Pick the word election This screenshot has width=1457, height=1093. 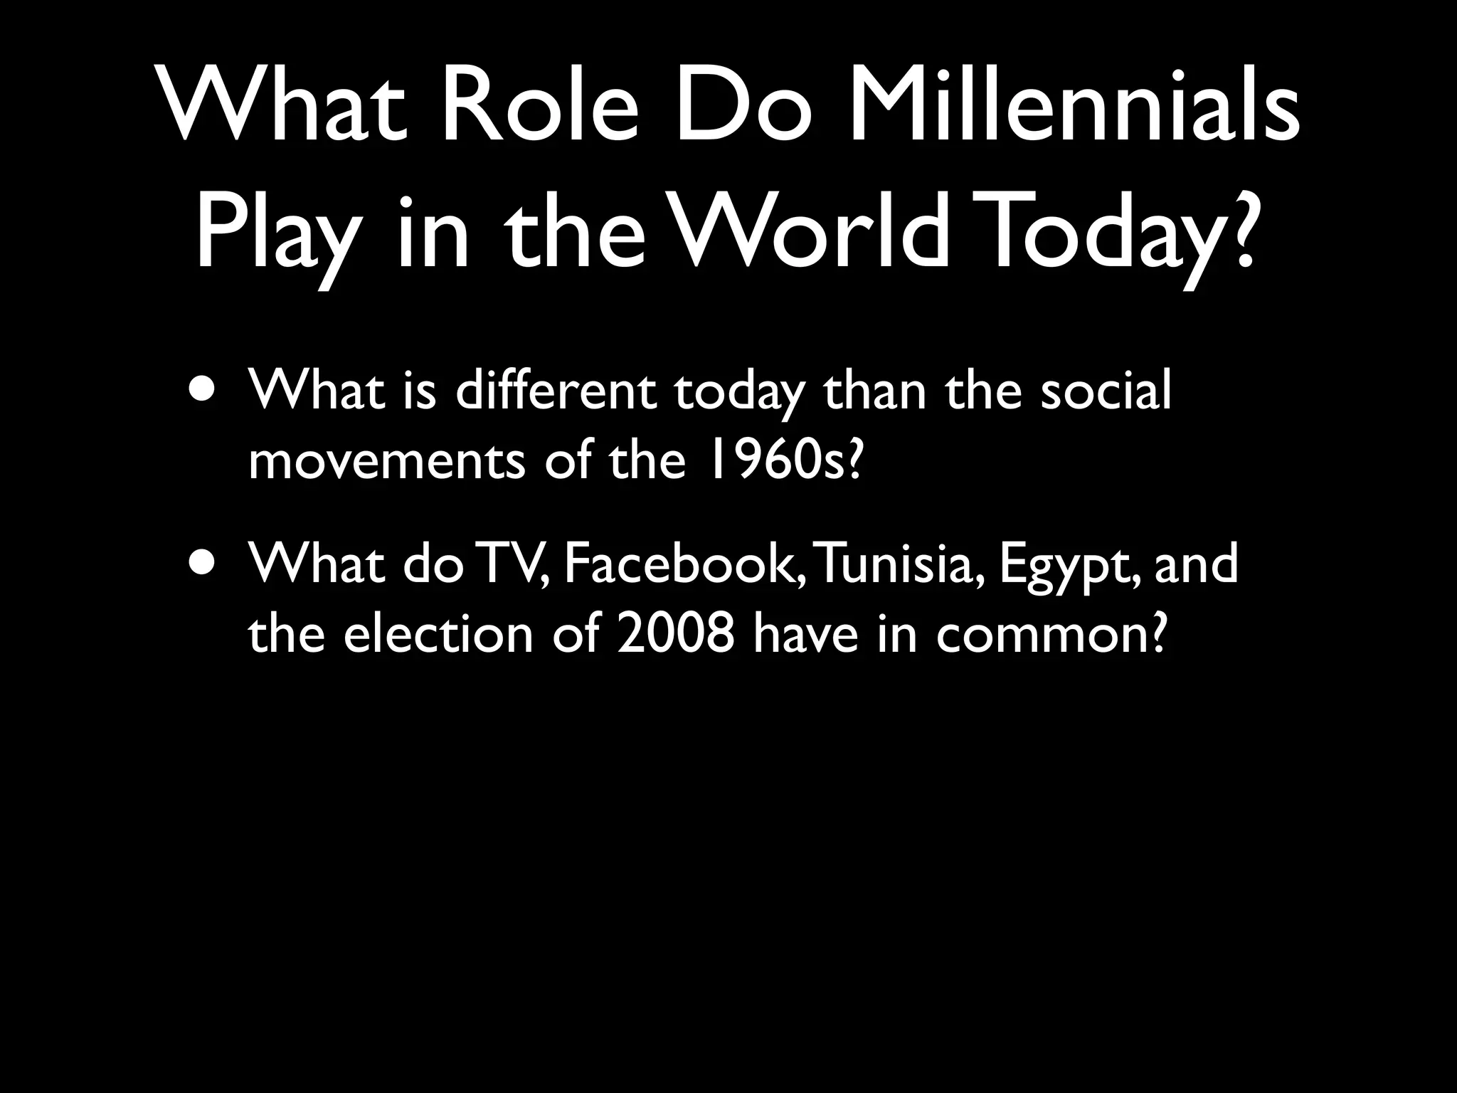click(x=438, y=634)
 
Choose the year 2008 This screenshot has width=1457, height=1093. click(x=676, y=634)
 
